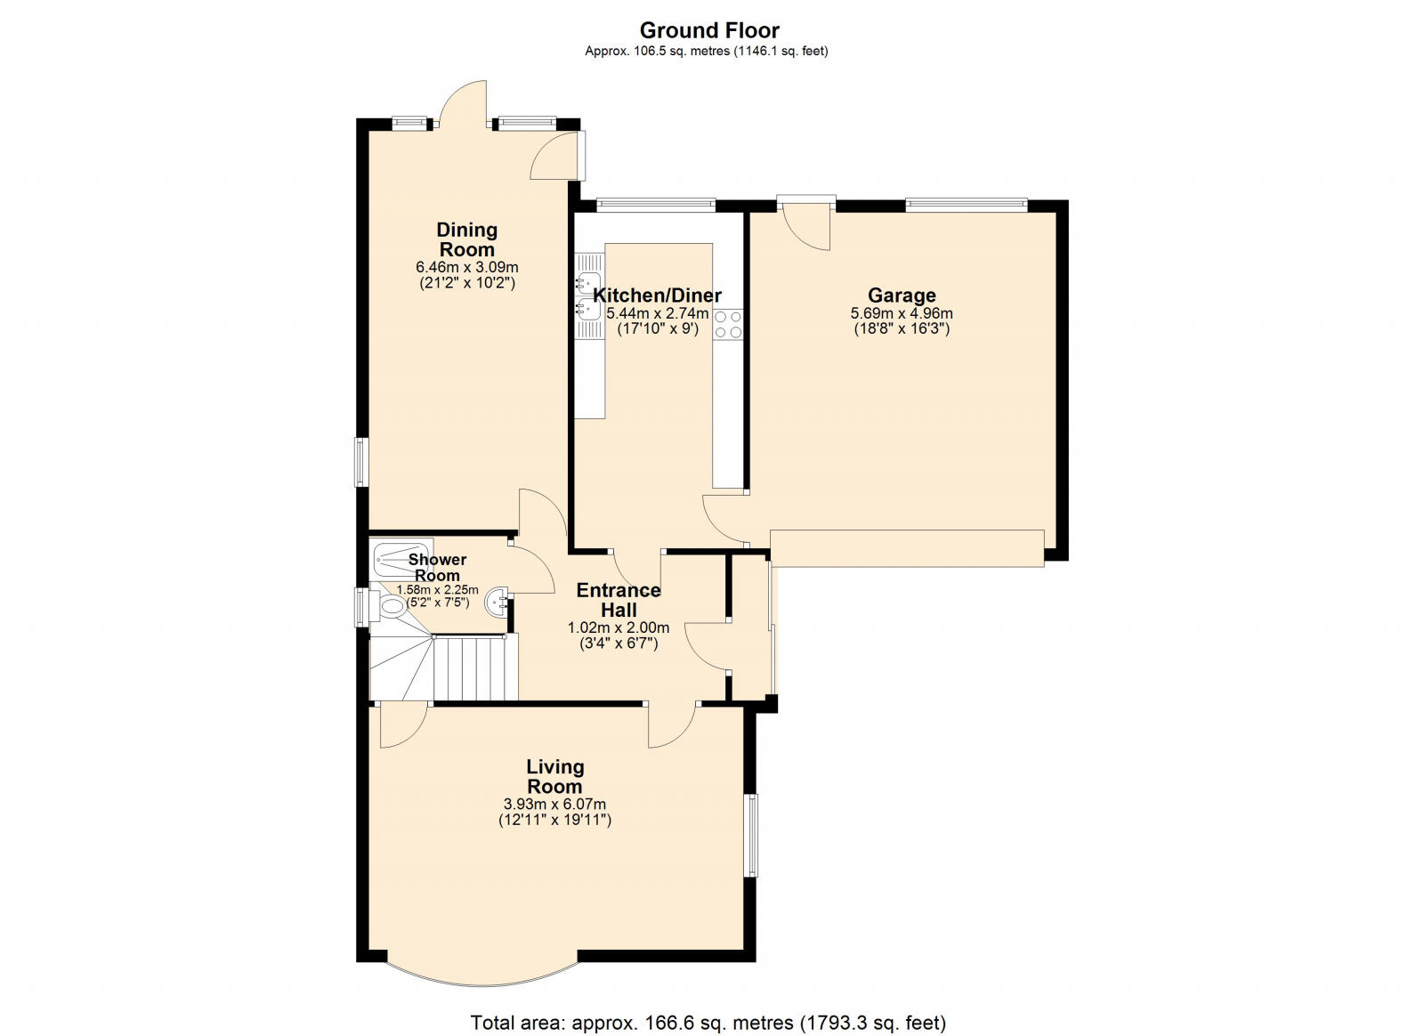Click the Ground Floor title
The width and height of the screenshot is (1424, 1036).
click(709, 31)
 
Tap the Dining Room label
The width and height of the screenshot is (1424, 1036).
click(466, 240)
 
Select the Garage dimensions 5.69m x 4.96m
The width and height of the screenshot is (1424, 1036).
click(902, 314)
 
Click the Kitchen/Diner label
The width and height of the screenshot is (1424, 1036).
click(657, 295)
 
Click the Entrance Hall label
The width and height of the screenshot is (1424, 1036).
click(619, 600)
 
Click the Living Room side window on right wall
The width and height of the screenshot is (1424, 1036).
click(751, 835)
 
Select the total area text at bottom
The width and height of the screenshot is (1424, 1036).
click(708, 1023)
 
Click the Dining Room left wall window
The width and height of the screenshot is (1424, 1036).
click(360, 461)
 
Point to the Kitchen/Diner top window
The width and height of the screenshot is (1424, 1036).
click(656, 205)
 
